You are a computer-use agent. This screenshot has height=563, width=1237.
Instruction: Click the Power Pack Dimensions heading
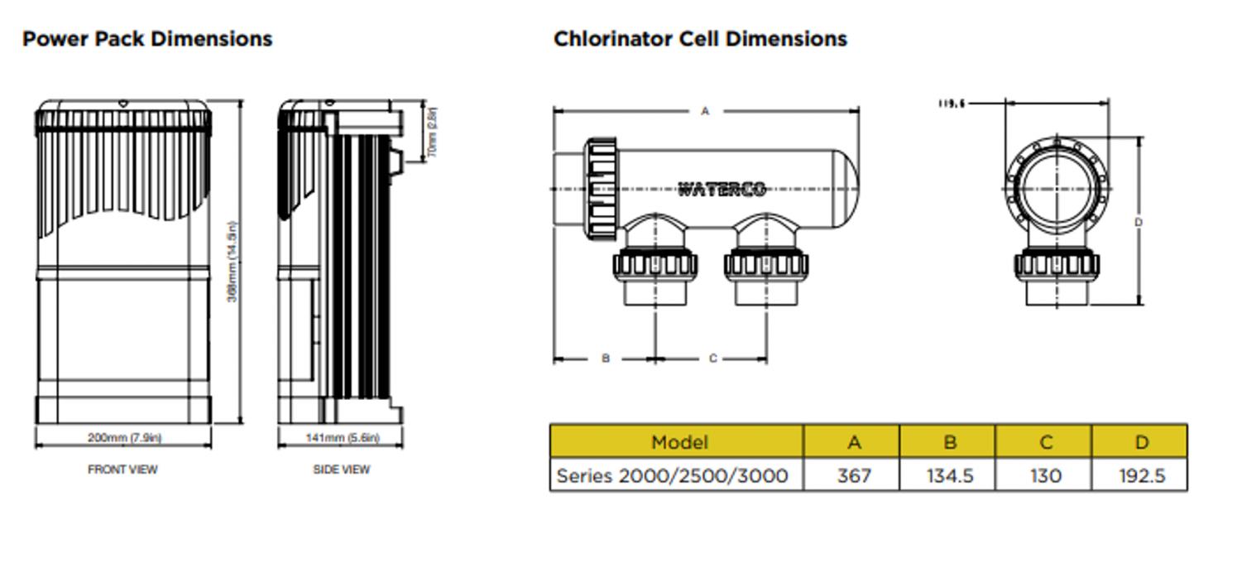pyautogui.click(x=147, y=39)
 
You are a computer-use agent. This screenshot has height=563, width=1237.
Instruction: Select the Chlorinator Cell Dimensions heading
pyautogui.click(x=700, y=39)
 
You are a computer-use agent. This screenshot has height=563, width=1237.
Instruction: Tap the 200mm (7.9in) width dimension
pyautogui.click(x=124, y=437)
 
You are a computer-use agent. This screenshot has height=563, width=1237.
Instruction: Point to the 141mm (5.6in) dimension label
pyautogui.click(x=341, y=437)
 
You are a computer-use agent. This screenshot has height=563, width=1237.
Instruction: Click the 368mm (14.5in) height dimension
pyautogui.click(x=233, y=262)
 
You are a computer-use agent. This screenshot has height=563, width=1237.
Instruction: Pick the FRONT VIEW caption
pyautogui.click(x=122, y=469)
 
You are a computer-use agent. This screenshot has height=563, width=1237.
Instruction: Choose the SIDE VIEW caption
pyautogui.click(x=341, y=469)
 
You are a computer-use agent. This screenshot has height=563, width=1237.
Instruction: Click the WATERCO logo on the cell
pyautogui.click(x=722, y=189)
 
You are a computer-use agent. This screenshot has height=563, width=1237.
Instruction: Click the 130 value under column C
pyautogui.click(x=1044, y=476)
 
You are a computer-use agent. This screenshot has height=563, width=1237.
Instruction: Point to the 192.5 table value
pyautogui.click(x=1140, y=476)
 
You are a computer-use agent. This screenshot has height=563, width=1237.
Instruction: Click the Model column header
pyautogui.click(x=679, y=442)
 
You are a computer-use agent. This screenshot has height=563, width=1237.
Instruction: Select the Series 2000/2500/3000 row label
pyautogui.click(x=672, y=476)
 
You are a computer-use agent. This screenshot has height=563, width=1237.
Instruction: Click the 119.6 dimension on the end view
pyautogui.click(x=952, y=104)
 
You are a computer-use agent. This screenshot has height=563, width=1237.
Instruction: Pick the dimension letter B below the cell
pyautogui.click(x=605, y=358)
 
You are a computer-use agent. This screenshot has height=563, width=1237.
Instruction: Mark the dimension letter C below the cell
pyautogui.click(x=712, y=358)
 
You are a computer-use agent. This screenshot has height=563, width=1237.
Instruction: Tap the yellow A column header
pyautogui.click(x=853, y=442)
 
